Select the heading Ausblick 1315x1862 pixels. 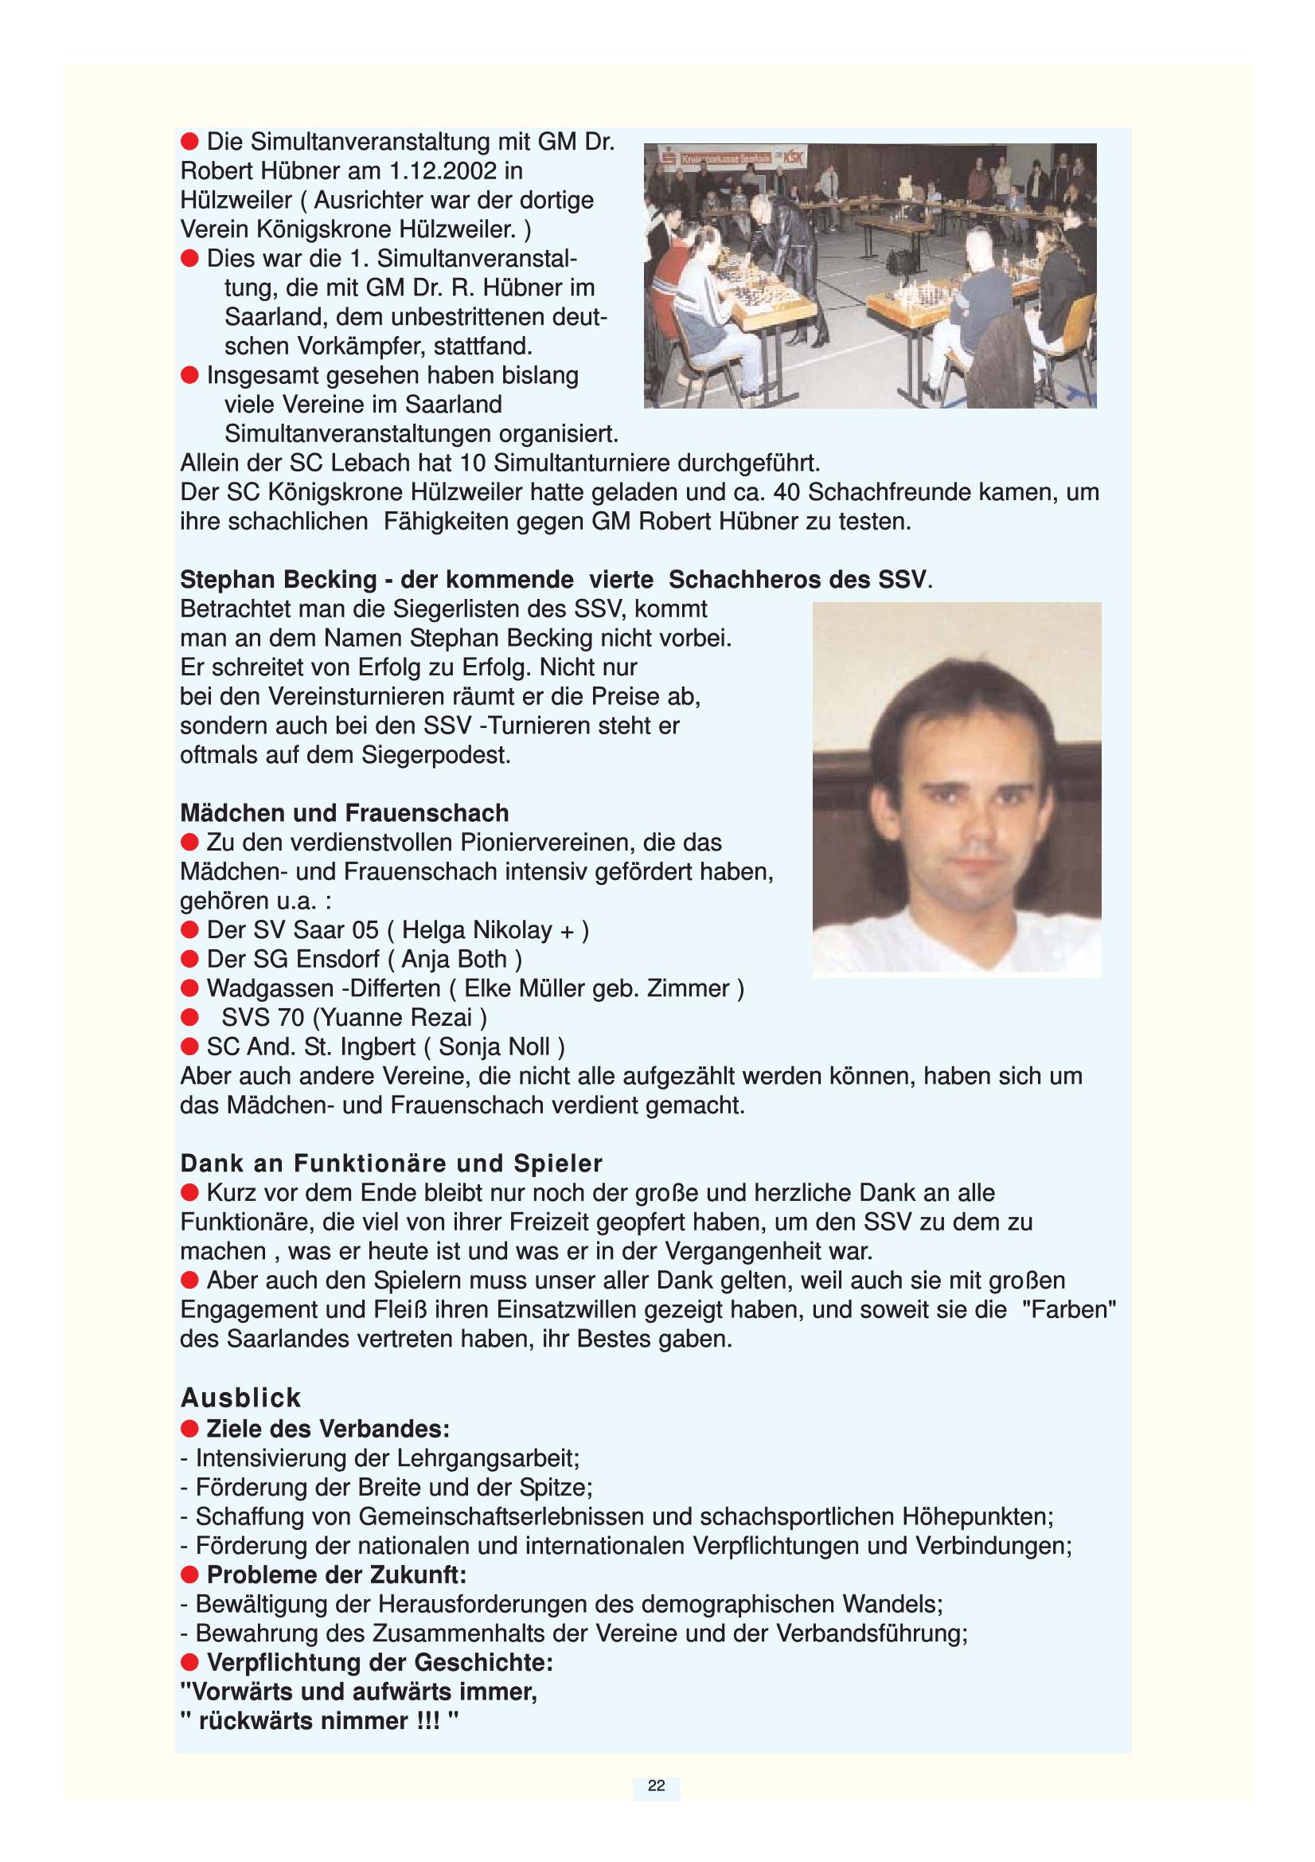coord(240,1398)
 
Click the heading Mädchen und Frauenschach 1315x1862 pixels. coord(345,812)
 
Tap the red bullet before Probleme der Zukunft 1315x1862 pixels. coord(189,1575)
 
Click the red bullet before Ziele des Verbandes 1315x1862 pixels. coord(189,1428)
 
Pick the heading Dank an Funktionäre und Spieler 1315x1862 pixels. coord(391,1163)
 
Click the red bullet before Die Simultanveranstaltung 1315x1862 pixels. coord(189,142)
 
